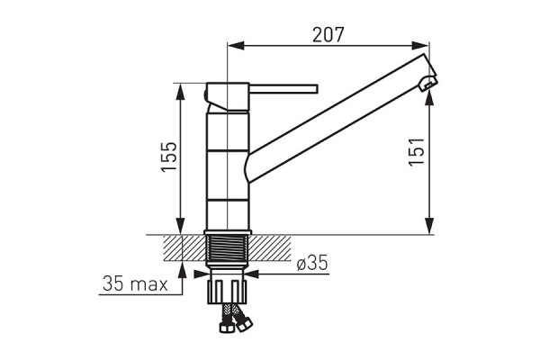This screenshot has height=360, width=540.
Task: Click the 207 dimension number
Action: [x=328, y=34]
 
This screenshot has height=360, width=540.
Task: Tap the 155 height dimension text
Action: [x=169, y=156]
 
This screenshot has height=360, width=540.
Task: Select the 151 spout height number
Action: [x=417, y=152]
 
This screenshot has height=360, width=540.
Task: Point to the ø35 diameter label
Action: [x=312, y=263]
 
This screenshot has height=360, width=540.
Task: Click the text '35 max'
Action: [x=135, y=283]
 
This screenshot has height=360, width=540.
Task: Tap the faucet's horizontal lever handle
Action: [x=283, y=88]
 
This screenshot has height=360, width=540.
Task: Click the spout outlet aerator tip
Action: [x=427, y=84]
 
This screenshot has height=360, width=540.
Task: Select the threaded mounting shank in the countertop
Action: [x=228, y=247]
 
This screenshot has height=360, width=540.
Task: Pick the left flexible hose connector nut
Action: [x=227, y=327]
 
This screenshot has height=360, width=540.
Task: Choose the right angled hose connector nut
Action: [x=245, y=324]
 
